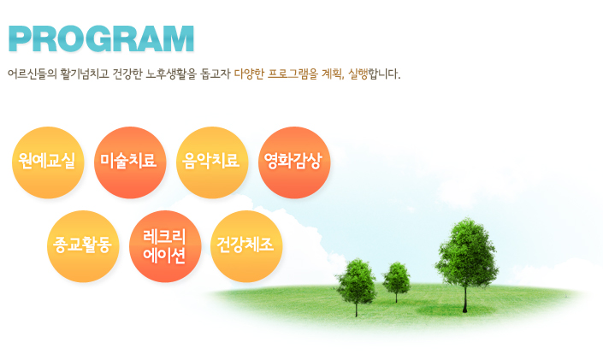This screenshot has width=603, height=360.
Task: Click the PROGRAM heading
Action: pos(101,38)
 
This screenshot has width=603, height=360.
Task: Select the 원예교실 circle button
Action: pos(48,162)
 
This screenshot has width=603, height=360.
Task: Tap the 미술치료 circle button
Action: pos(130,162)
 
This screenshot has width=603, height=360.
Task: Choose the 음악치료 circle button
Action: pos(212,162)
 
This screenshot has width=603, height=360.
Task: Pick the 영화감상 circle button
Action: pos(294,162)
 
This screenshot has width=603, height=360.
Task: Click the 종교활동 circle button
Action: pos(83,246)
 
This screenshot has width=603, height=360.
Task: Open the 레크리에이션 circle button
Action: pos(165,246)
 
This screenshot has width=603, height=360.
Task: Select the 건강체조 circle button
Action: pos(246,246)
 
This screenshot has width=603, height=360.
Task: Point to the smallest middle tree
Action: pos(396,280)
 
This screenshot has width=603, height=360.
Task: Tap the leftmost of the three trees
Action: pos(356,285)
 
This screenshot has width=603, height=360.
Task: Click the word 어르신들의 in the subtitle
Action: pos(32,74)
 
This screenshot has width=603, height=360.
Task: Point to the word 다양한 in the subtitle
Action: pos(249,74)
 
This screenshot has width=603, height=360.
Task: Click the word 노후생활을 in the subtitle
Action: pos(171,74)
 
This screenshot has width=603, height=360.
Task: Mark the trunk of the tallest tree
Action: pos(465,299)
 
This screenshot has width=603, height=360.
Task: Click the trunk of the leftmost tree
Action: pos(356,309)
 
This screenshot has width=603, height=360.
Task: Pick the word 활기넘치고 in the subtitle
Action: pos(85,74)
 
